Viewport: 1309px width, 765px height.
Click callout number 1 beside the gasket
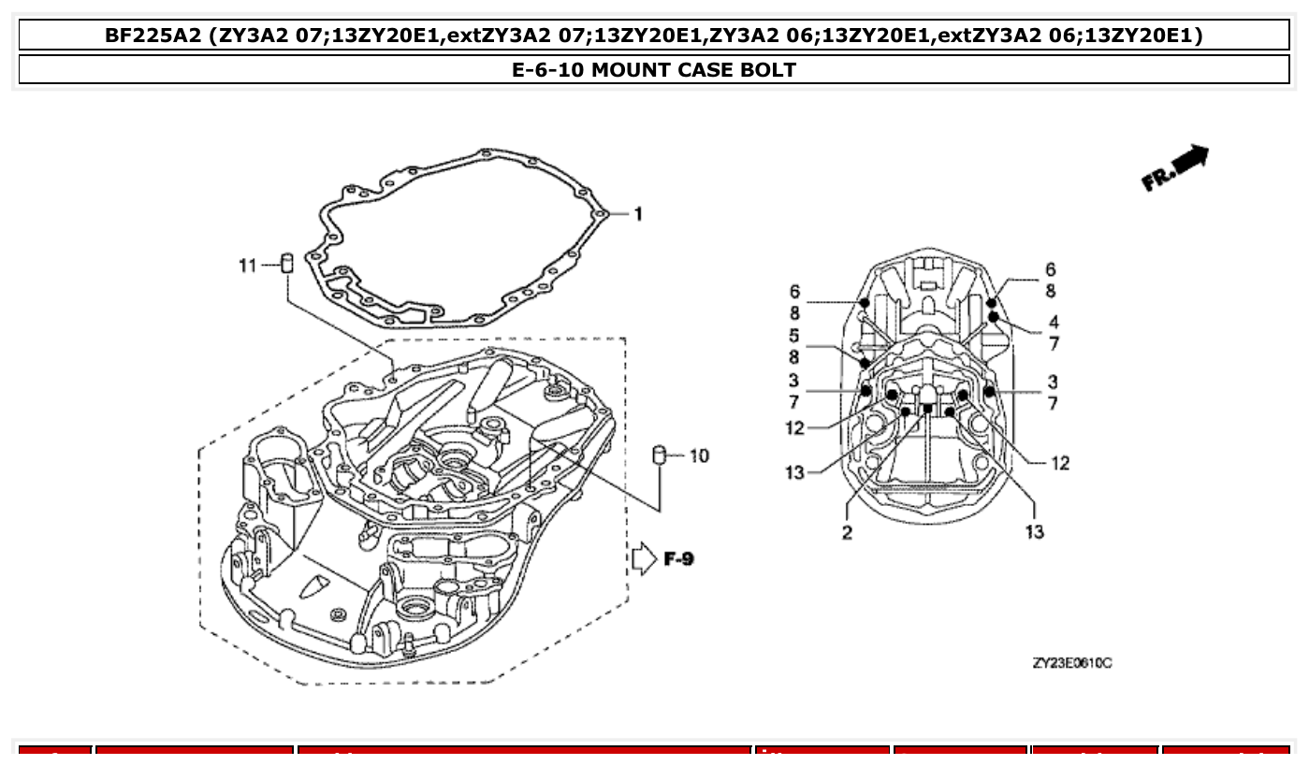point(638,214)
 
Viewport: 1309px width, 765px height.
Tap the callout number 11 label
point(247,267)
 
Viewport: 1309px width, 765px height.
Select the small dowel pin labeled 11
point(288,263)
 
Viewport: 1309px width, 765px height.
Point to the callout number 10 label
point(699,456)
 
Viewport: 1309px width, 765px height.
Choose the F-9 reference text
point(678,559)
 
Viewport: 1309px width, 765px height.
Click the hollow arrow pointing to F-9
point(645,559)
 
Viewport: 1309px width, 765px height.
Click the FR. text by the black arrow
point(1156,179)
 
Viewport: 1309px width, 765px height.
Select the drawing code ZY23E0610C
point(1072,663)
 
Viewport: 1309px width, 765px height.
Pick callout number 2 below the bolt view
point(847,533)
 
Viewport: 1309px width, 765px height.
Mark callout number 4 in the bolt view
point(1054,323)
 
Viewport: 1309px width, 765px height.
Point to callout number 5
point(793,336)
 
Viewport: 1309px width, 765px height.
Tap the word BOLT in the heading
point(769,70)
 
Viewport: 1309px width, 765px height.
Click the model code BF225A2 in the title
point(153,36)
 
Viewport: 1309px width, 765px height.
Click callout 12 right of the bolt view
point(1059,463)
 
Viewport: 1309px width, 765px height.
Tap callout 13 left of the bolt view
point(794,473)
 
